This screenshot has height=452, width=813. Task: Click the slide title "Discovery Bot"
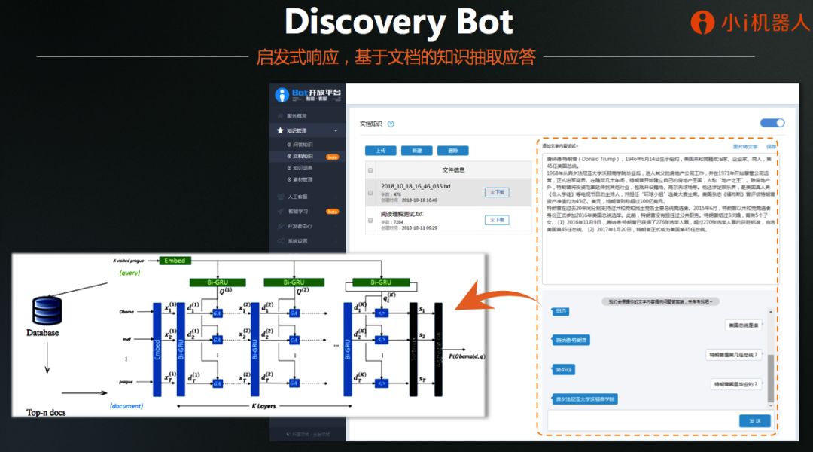click(398, 23)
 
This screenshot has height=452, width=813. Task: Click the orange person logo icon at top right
click(702, 23)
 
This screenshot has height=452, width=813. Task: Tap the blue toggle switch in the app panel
click(772, 123)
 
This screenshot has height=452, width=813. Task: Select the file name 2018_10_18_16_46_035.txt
click(416, 186)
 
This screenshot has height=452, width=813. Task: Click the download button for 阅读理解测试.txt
click(496, 220)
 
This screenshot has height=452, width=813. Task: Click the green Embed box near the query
click(174, 261)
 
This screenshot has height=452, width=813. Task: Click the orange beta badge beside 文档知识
click(332, 157)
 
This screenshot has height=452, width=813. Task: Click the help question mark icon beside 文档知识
click(391, 124)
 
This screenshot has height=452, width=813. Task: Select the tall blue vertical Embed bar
click(157, 349)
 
